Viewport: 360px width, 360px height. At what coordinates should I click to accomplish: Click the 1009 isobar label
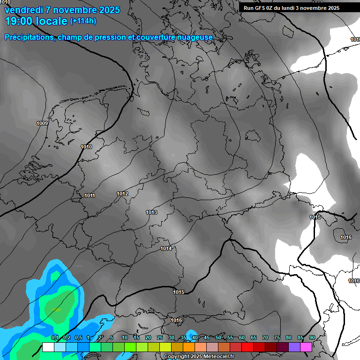pos(42,123)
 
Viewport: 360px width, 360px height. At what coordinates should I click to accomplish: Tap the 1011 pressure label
pos(90,195)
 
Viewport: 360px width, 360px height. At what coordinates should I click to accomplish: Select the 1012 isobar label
pos(123,194)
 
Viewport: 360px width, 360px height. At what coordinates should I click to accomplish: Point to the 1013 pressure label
pos(151,212)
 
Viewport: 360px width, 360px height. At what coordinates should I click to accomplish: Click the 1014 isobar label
pos(166,248)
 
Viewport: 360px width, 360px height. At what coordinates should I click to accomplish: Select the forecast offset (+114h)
pos(83,21)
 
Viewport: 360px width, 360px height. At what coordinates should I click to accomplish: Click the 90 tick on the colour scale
pos(312,338)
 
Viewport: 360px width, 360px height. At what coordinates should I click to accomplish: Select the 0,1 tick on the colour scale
pos(54,338)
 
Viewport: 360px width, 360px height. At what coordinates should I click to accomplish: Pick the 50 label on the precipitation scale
pos(218,338)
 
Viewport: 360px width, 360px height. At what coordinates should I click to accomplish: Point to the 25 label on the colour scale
pos(160,338)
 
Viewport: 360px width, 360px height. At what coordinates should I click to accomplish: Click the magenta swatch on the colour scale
pos(306,347)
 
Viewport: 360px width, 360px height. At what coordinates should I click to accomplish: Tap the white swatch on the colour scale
pos(48,347)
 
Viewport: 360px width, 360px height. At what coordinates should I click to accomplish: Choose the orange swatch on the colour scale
pos(188,347)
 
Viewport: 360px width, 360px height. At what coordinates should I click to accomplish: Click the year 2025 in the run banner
pos(334,7)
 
